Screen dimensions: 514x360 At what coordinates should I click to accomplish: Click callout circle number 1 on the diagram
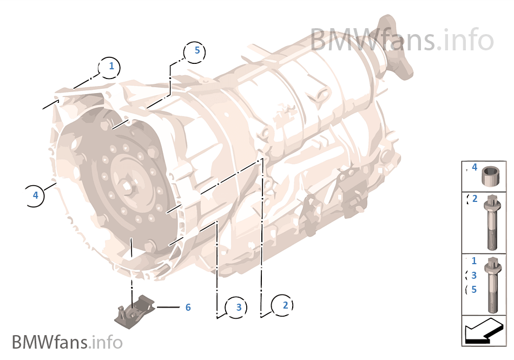(x=109, y=68)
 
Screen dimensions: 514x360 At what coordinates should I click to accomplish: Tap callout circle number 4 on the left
(x=34, y=196)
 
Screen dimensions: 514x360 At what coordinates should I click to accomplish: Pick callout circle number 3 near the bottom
(x=236, y=307)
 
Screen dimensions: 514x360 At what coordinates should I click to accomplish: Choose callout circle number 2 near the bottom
(x=282, y=305)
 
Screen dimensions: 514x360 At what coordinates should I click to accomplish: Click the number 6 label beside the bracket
(x=188, y=307)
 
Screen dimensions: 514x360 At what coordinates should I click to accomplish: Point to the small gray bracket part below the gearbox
(x=134, y=312)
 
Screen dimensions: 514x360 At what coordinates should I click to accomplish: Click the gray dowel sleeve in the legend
(x=490, y=176)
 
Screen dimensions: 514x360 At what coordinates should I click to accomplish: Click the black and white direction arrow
(x=484, y=331)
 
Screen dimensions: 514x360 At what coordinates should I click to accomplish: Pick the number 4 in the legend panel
(x=475, y=167)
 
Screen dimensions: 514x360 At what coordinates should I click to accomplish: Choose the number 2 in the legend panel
(x=475, y=198)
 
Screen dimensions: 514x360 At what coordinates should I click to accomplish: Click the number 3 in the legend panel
(x=473, y=276)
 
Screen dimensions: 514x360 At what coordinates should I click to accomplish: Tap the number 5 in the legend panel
(x=473, y=290)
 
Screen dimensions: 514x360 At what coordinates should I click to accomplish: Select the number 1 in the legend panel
(x=473, y=261)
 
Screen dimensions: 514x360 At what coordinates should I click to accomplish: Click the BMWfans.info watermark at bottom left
(x=67, y=342)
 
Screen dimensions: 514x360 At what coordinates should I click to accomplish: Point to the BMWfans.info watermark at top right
(x=402, y=40)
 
